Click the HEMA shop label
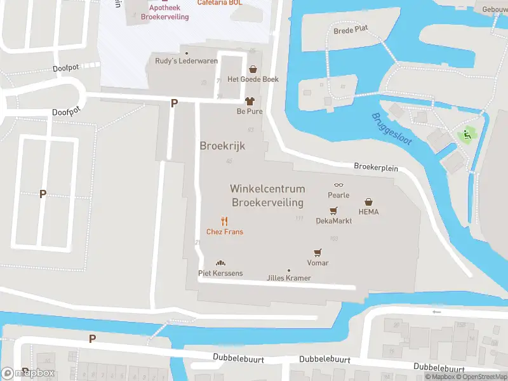[x=368, y=211]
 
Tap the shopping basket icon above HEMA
[x=368, y=202]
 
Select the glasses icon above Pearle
[x=338, y=185]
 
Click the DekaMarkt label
[x=333, y=221]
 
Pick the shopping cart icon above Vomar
[x=317, y=253]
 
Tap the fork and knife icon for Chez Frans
[x=224, y=222]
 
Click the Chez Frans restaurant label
[x=225, y=232]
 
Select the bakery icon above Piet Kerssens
[x=220, y=264]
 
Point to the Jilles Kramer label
[x=289, y=278]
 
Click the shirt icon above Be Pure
[x=250, y=101]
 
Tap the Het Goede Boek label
[x=253, y=79]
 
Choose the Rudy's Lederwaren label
[x=187, y=61]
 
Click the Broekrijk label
[x=222, y=145]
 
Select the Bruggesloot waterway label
[x=392, y=129]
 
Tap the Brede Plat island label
[x=351, y=30]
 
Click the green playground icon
[x=467, y=135]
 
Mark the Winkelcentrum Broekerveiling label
[x=267, y=196]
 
